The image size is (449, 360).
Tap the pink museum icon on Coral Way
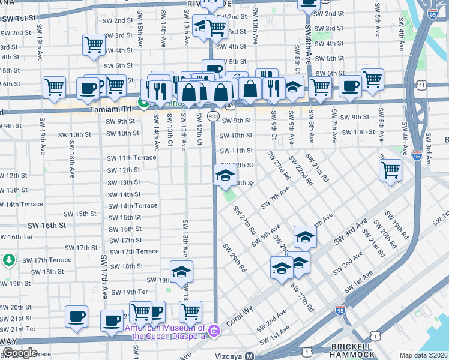click(212, 331)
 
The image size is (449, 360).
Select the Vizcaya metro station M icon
click(249, 356)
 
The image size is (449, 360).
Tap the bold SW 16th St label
click(46, 225)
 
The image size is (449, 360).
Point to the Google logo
click(20, 353)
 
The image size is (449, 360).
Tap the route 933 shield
click(213, 115)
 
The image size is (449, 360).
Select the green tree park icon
click(8, 260)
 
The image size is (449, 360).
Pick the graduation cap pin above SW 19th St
click(181, 272)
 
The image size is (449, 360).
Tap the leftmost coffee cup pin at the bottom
click(76, 316)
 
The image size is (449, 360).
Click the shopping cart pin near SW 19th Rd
click(390, 170)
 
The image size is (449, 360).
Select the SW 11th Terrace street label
click(131, 158)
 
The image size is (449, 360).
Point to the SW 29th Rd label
click(234, 258)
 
